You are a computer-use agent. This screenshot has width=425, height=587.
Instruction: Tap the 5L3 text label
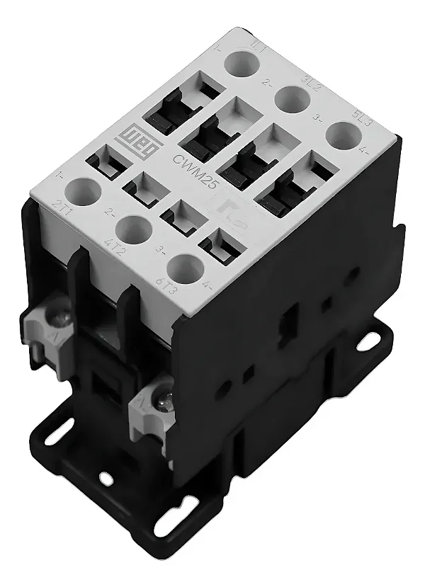point(366,118)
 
